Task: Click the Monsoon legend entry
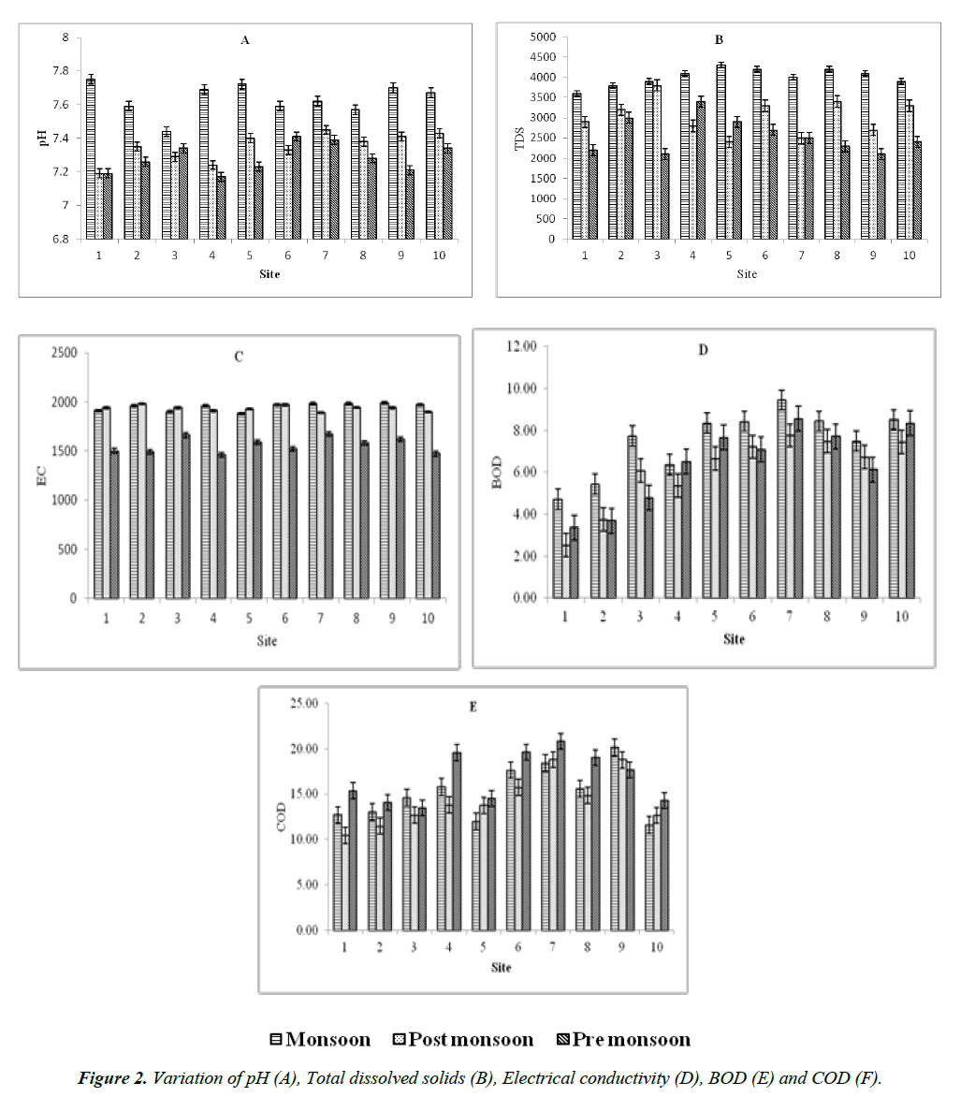(320, 1040)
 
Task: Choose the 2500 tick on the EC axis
(66, 353)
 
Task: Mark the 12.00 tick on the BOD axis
(524, 346)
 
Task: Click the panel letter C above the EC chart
(239, 357)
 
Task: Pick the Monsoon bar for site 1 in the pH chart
(91, 159)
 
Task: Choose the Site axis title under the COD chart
(502, 967)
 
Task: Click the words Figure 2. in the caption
(111, 1078)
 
